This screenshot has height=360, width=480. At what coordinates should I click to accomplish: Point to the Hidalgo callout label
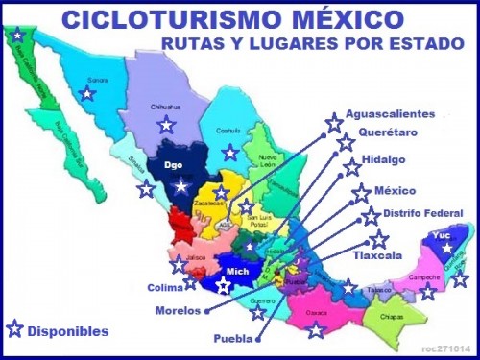coord(383,160)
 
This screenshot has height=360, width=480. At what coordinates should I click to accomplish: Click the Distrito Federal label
coord(423,213)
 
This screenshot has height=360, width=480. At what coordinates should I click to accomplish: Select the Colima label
coord(164,285)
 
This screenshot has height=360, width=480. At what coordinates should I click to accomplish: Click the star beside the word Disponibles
coord(14,329)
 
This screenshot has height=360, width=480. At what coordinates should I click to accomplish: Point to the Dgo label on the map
coord(174,165)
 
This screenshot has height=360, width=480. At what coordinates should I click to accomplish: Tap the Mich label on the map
coord(236,271)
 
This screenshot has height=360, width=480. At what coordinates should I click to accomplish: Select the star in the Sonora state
coord(87,93)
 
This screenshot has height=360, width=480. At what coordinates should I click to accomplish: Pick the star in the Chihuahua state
coord(166,123)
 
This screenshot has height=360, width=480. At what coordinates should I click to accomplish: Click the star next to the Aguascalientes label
coord(333,122)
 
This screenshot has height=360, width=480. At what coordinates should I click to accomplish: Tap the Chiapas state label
coord(391,316)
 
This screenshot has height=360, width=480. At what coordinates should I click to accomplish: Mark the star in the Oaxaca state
coord(316,329)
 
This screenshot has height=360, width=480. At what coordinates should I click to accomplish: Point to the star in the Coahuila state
coord(230,152)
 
